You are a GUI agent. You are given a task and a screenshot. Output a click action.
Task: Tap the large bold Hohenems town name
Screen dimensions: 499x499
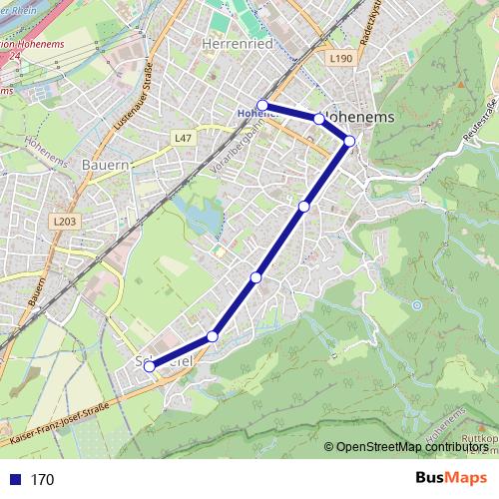(361, 117)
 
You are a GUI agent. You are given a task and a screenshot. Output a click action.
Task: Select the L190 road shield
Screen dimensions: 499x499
(340, 60)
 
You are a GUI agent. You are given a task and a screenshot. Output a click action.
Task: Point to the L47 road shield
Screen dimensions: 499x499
(182, 138)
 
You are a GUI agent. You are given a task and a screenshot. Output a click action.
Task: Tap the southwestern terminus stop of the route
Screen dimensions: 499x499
(150, 366)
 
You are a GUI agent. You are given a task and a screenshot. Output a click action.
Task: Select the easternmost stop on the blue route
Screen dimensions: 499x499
(350, 141)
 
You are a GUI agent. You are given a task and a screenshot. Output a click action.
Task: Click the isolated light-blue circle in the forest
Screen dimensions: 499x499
(415, 305)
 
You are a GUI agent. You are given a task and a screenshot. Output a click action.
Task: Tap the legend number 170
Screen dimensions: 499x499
(42, 479)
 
